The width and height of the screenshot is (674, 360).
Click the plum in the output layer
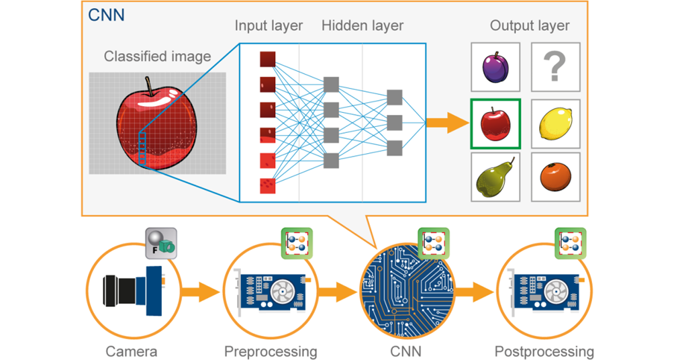(x=495, y=67)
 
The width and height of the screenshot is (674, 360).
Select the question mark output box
(x=556, y=67)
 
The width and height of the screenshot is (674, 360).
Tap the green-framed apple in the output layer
(x=495, y=124)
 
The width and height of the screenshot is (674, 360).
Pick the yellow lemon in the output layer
(x=556, y=124)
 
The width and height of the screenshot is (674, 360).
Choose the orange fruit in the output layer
(x=555, y=177)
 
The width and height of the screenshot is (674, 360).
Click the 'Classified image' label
(x=157, y=56)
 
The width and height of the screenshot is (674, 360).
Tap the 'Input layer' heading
(x=269, y=26)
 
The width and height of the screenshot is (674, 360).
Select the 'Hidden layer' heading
(x=363, y=26)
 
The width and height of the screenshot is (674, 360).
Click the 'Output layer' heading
(x=530, y=26)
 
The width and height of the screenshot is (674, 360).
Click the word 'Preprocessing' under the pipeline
(x=271, y=351)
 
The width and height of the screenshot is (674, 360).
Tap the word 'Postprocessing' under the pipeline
(x=544, y=351)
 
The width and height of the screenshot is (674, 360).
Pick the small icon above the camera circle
(x=162, y=242)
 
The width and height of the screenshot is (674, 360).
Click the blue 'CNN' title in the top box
(x=107, y=14)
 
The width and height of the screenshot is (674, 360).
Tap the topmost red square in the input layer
(x=268, y=59)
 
